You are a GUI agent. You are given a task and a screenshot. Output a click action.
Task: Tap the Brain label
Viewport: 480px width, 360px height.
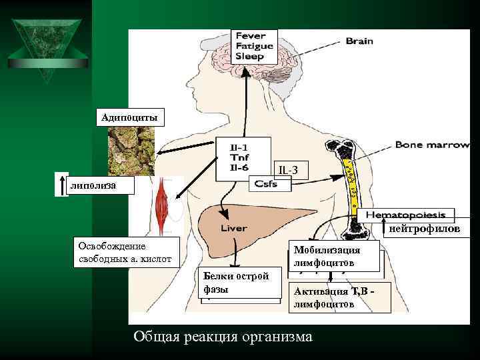pyautogui.click(x=359, y=41)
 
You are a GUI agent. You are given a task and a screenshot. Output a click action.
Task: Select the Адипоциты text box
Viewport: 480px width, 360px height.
pyautogui.click(x=130, y=118)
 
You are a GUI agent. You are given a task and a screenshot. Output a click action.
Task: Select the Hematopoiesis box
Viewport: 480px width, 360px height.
pyautogui.click(x=406, y=215)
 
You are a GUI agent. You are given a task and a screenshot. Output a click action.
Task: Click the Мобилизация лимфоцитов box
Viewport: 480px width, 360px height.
pyautogui.click(x=335, y=257)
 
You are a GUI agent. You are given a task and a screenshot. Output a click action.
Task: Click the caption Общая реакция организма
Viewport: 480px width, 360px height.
pyautogui.click(x=223, y=337)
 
